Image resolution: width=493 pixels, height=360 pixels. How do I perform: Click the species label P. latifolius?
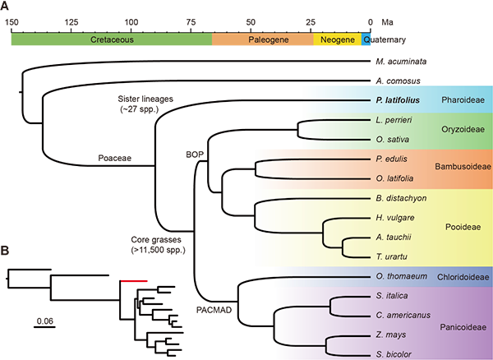tap(397, 101)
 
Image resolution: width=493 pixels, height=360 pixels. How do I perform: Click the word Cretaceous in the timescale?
tap(112, 39)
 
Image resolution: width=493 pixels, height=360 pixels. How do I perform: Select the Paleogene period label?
tap(262, 39)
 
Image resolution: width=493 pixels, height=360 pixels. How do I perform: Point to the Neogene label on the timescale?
tap(337, 39)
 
